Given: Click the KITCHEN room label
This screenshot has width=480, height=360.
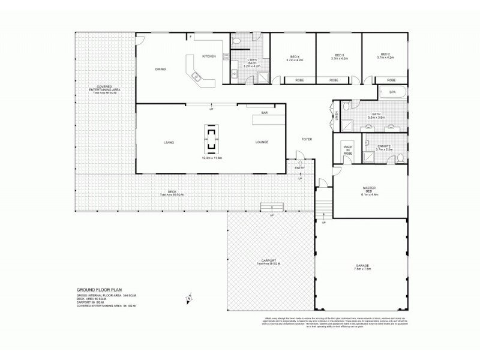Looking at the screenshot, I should tap(209, 56).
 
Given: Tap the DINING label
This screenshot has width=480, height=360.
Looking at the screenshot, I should tap(160, 70).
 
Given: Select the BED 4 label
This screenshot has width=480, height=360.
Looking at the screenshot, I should tap(294, 57).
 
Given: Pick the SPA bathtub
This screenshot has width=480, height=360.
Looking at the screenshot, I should tap(392, 92).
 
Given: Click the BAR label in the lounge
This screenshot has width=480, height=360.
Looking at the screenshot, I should tap(264, 113).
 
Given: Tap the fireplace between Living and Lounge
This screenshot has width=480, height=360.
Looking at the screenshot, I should tap(212, 138).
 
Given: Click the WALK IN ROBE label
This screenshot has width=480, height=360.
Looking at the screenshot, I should tap(347, 150).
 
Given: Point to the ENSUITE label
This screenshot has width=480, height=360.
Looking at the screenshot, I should tap(384, 146).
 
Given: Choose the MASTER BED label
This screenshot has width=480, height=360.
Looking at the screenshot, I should tap(368, 191).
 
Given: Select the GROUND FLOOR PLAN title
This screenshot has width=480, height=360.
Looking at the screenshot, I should tap(99, 289).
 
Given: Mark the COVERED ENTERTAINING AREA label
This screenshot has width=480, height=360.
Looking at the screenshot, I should tap(104, 89).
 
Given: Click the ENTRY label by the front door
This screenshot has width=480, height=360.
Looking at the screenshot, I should tap(299, 168).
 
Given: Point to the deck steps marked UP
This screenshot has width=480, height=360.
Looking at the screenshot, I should tap(272, 208).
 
